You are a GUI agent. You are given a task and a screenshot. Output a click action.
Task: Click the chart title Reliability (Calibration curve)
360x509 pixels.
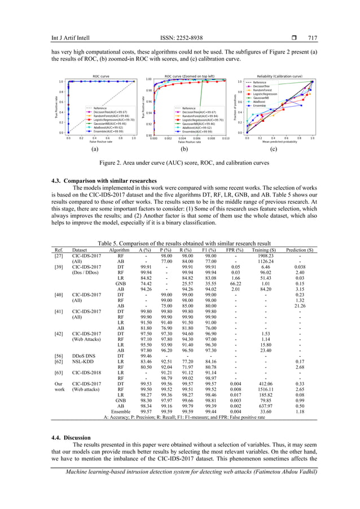pos(280,76)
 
